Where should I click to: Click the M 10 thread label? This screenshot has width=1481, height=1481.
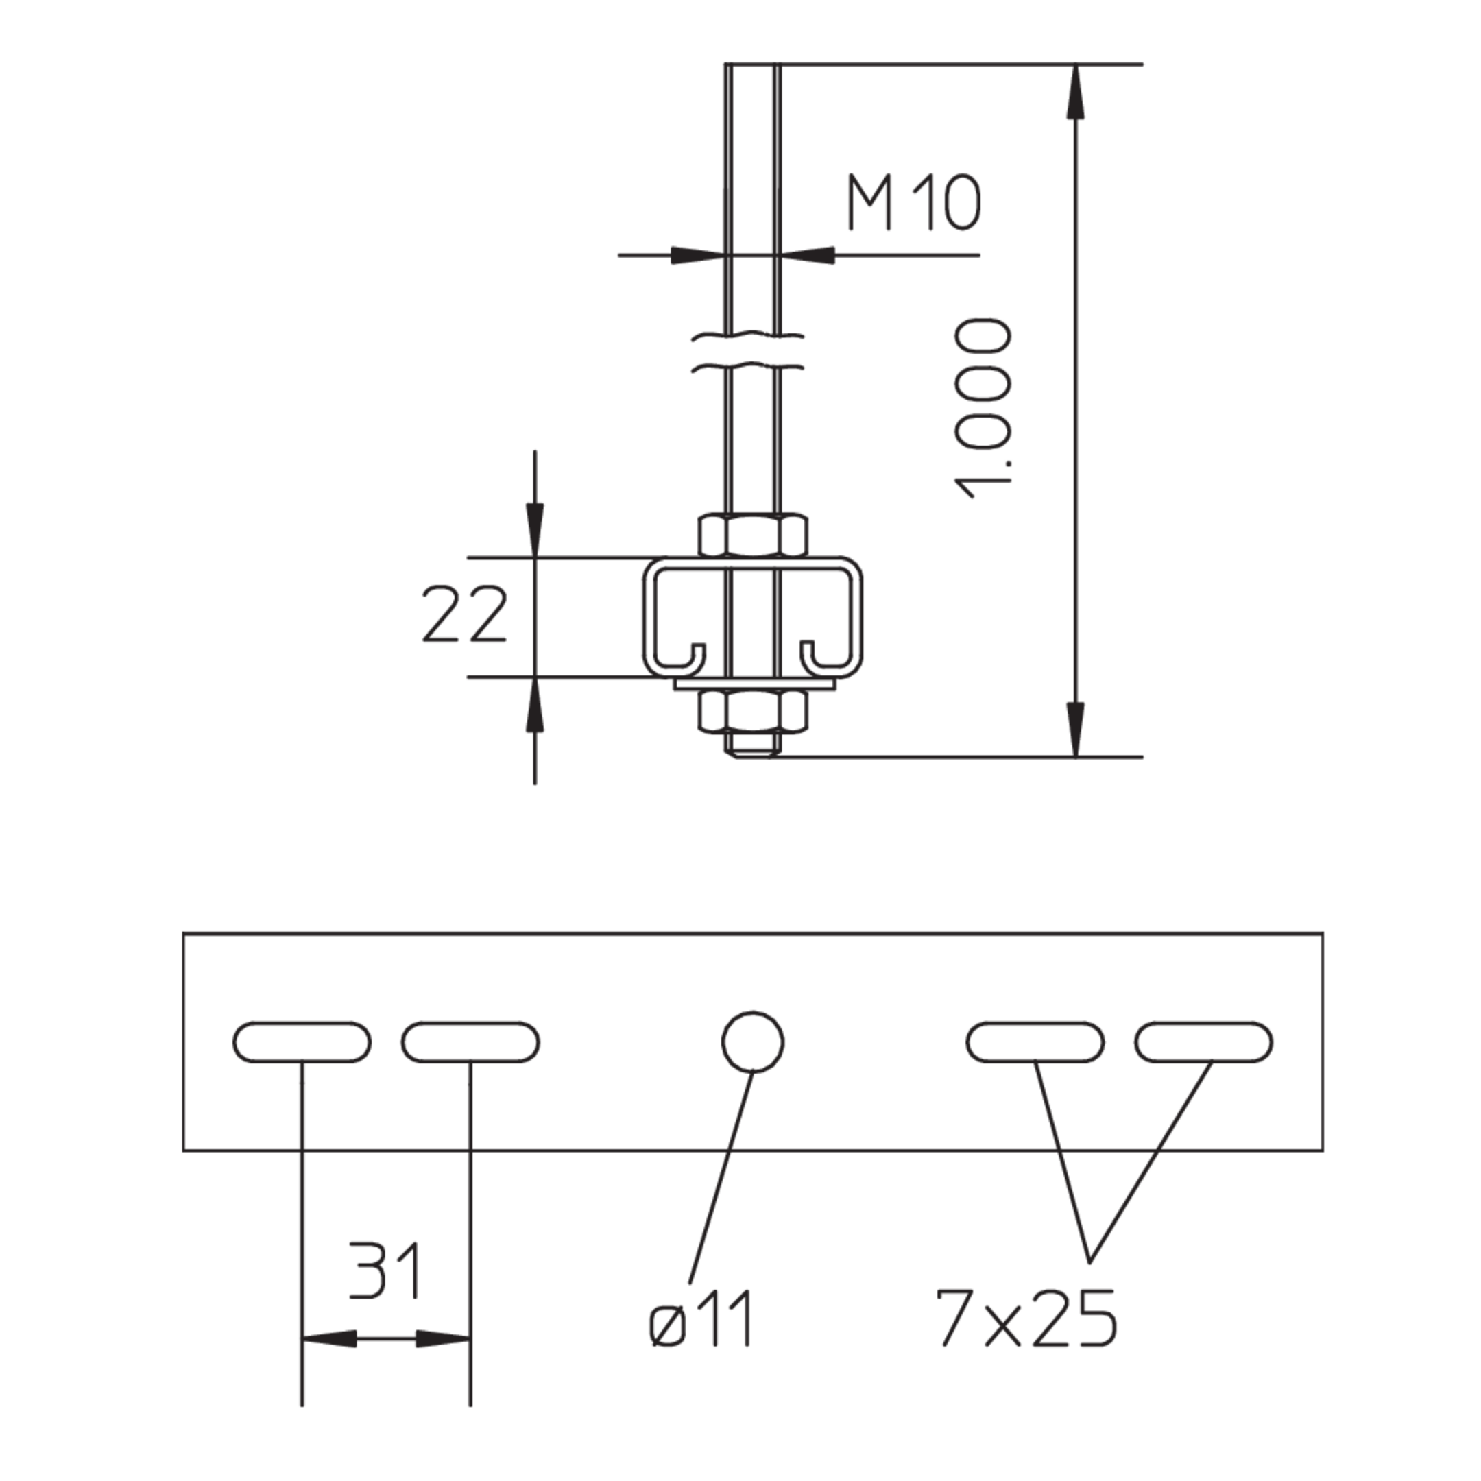914,203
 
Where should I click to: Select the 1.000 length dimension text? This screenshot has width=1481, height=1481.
981,410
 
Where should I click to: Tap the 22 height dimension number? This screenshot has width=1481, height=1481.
465,615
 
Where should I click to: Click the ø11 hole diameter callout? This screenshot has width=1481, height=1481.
701,1318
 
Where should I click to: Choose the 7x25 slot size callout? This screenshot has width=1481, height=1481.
1026,1318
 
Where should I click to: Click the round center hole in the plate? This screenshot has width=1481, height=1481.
753,1041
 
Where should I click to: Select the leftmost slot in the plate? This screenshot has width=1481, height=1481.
302,1041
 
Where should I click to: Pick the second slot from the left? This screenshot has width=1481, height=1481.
470,1041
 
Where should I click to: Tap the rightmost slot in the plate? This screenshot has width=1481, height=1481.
1203,1041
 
